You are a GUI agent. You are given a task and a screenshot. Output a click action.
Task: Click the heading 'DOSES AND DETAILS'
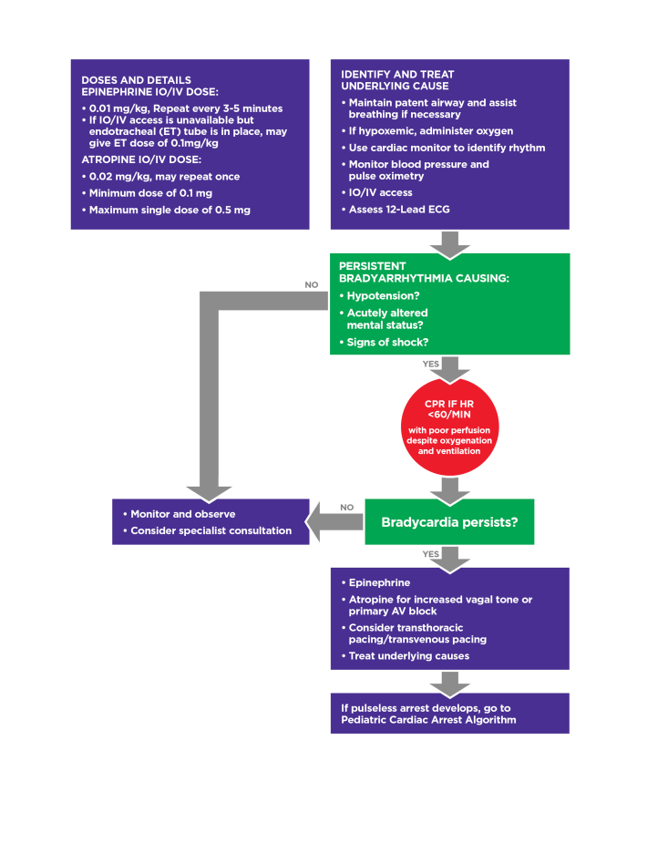tap(136, 80)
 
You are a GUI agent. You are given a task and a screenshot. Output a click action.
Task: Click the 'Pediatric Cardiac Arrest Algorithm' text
tap(423, 720)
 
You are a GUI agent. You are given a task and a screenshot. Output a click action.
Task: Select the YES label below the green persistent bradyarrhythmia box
tap(430, 363)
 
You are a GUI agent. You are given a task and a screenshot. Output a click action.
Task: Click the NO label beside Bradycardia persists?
tap(346, 508)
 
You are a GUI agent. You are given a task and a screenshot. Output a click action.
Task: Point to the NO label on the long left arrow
tap(312, 284)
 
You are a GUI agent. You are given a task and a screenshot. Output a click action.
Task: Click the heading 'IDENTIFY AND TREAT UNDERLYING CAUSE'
tap(396, 80)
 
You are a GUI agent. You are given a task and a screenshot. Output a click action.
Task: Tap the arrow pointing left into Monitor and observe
tap(336, 522)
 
